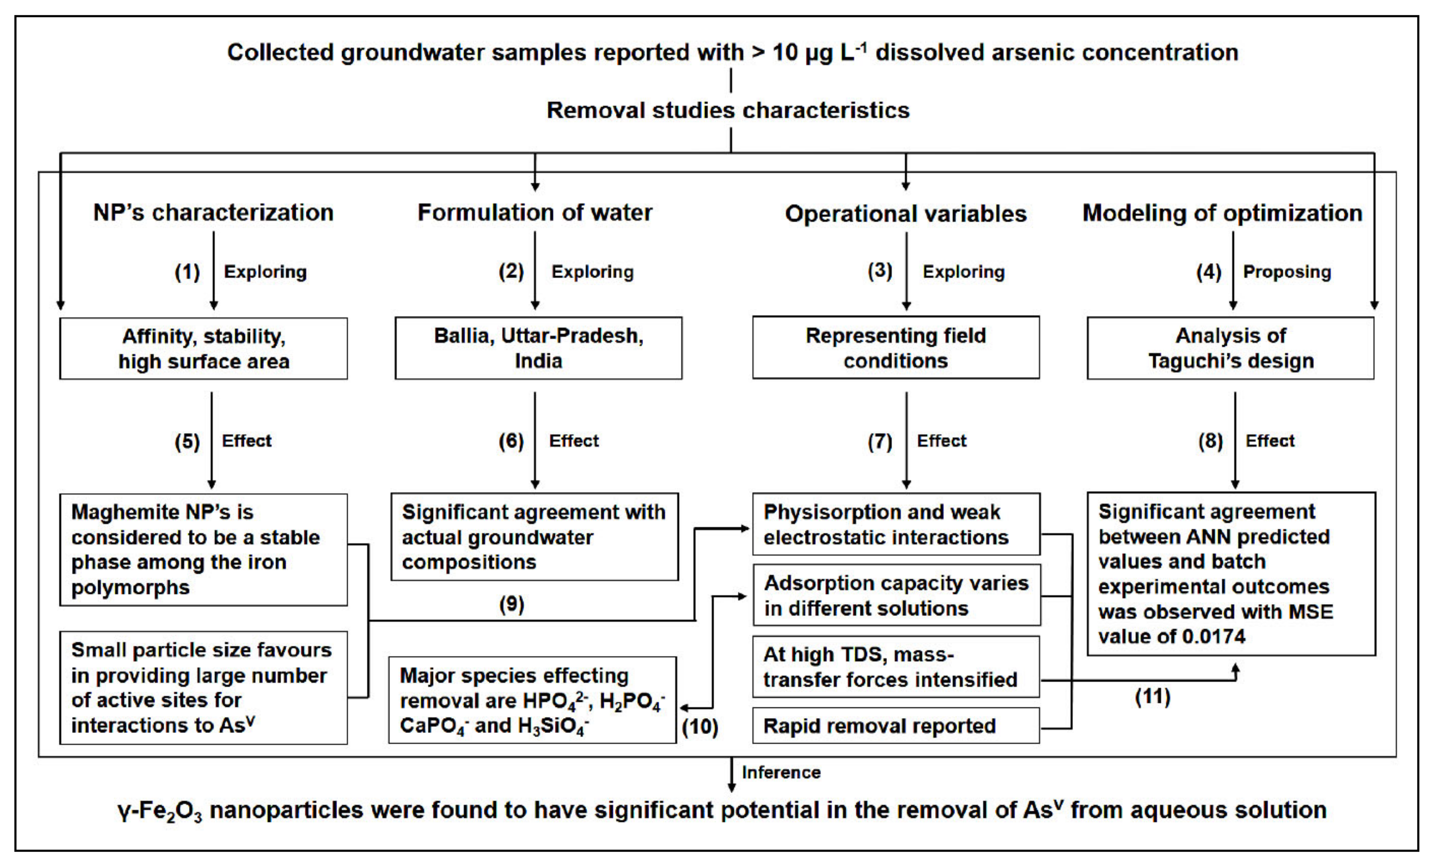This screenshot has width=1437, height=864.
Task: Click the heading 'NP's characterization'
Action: (213, 212)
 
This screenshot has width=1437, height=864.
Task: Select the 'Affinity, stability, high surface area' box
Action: (203, 348)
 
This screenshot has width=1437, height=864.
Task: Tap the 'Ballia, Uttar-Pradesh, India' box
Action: (538, 348)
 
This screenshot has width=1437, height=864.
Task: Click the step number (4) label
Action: (1208, 272)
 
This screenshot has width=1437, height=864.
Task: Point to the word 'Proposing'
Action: (1287, 272)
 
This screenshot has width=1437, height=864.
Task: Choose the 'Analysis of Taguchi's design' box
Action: (1230, 348)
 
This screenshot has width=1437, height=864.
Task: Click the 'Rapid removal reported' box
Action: (895, 725)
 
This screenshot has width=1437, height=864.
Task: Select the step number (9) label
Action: (511, 604)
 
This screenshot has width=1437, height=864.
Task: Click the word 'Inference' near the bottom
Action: (781, 772)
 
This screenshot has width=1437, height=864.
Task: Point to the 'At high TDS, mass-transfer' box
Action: (895, 667)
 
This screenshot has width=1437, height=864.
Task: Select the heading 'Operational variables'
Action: (905, 214)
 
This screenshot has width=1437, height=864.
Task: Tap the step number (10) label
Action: (700, 727)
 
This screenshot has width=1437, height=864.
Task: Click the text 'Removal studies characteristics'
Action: (728, 110)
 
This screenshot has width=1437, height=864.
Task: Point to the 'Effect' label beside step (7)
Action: (941, 441)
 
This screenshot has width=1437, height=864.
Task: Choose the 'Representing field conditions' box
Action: (895, 348)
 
